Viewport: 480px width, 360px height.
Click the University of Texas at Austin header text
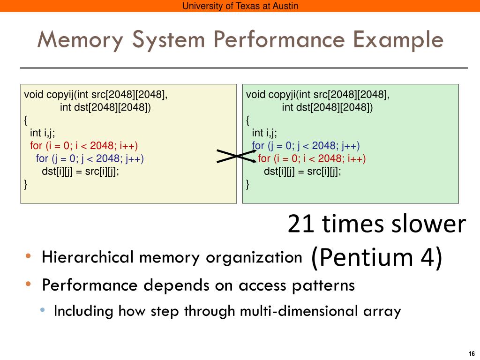(x=240, y=6)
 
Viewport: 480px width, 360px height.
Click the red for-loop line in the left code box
(x=84, y=145)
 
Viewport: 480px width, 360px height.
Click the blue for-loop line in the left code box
(x=90, y=158)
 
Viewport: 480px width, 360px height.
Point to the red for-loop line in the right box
(x=312, y=158)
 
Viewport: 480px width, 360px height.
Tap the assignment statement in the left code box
(x=81, y=171)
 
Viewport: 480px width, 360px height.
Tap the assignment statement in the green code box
(x=303, y=171)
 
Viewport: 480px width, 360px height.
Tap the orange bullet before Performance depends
(x=29, y=284)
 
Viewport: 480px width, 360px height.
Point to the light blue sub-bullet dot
(x=43, y=310)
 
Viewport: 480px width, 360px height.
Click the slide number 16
(x=471, y=353)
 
